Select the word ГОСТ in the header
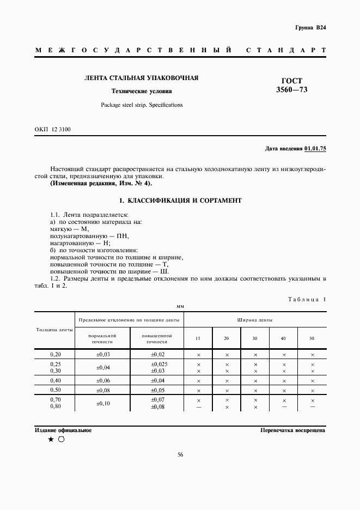pos(291,80)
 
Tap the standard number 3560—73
pos(291,89)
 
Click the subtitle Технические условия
pos(141,91)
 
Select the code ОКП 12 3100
pos(52,129)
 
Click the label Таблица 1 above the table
pos(306,299)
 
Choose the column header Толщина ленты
pos(54,330)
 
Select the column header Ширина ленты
pos(255,320)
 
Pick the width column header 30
pos(255,338)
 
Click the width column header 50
pos(312,338)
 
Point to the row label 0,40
pos(55,380)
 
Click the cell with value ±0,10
pos(102,403)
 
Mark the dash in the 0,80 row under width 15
pos(198,406)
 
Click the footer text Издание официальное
pos(63,430)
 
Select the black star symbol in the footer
pos(51,440)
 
